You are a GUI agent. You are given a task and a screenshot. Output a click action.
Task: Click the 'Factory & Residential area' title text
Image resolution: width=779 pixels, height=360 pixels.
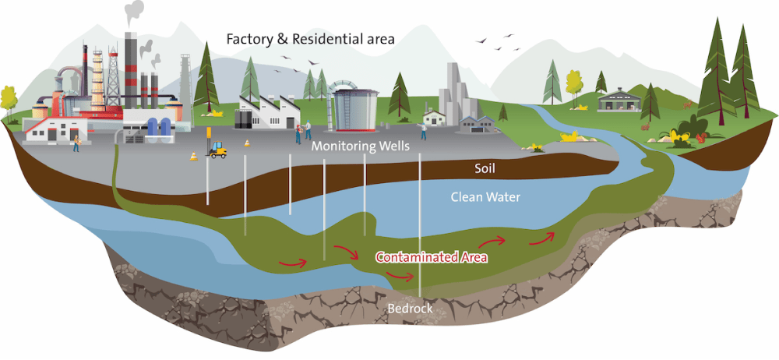(310, 38)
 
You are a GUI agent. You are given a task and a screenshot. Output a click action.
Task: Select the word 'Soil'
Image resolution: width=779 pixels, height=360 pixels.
(485, 168)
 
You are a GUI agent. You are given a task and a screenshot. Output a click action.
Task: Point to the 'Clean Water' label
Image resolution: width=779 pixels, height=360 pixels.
(485, 197)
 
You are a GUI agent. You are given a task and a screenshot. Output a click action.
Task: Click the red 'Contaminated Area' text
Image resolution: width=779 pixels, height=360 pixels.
(432, 256)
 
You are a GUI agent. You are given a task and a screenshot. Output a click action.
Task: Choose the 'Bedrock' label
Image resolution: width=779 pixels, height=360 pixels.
(410, 309)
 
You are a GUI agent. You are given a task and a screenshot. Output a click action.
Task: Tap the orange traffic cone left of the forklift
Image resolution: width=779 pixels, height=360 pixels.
(193, 156)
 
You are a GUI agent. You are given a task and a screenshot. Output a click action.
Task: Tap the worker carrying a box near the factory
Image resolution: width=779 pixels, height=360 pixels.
(76, 143)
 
